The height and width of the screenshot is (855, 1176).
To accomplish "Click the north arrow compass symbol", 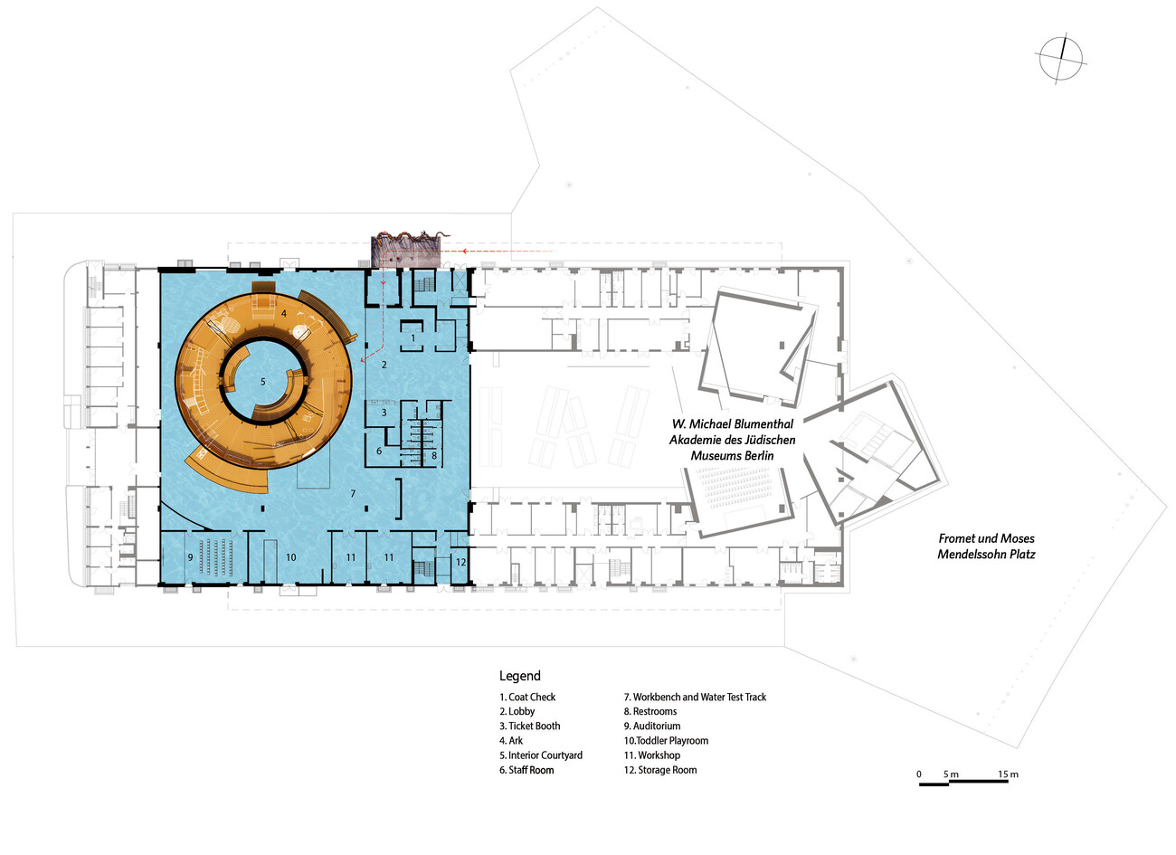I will pyautogui.click(x=1060, y=60).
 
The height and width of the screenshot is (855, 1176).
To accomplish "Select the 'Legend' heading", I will pyautogui.click(x=520, y=676).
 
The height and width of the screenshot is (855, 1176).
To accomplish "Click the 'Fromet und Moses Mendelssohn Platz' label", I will pyautogui.click(x=986, y=546).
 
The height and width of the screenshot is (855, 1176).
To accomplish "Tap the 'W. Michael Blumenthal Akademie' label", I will pyautogui.click(x=733, y=440).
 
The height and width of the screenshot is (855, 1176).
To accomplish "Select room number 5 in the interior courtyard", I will pyautogui.click(x=263, y=382).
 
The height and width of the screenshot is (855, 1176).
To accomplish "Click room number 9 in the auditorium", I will pyautogui.click(x=190, y=557).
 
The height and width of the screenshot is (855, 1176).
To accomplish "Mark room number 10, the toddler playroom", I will pyautogui.click(x=291, y=557).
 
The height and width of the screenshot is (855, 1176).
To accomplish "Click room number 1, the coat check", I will pyautogui.click(x=413, y=337).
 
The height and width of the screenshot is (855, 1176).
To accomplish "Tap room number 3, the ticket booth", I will pyautogui.click(x=384, y=412).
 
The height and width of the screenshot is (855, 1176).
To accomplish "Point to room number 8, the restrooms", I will pyautogui.click(x=434, y=455).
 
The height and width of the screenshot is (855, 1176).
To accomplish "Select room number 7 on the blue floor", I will pyautogui.click(x=353, y=493).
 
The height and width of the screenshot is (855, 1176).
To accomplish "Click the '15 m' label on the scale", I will pyautogui.click(x=1008, y=774).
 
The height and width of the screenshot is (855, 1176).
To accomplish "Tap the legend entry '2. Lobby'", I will pyautogui.click(x=517, y=711).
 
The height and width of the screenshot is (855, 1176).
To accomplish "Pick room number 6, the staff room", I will pyautogui.click(x=380, y=451).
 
